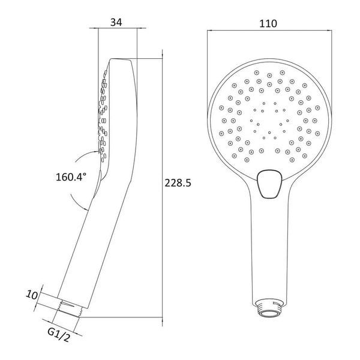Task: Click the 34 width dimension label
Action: pyautogui.click(x=116, y=22)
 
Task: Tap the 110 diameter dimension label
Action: pyautogui.click(x=268, y=23)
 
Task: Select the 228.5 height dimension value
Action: pyautogui.click(x=178, y=183)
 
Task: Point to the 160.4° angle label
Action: pyautogui.click(x=71, y=177)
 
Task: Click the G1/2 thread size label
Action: pyautogui.click(x=58, y=335)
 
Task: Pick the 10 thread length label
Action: pyautogui.click(x=32, y=295)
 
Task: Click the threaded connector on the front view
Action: pyautogui.click(x=269, y=308)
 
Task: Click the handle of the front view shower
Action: pyautogui.click(x=269, y=244)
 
